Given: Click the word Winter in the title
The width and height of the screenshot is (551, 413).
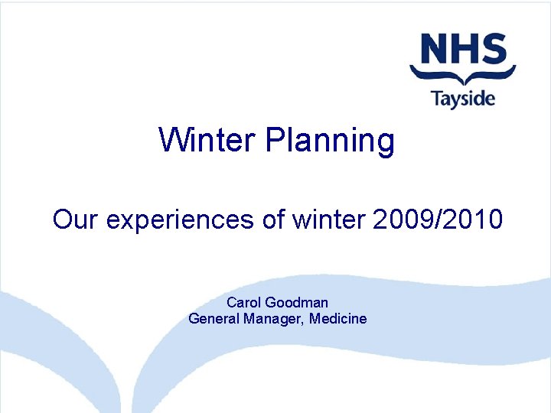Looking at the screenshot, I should click(207, 140).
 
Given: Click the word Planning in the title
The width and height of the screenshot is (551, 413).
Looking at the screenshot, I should click(331, 141).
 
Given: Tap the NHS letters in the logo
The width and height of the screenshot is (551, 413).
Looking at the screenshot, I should click(462, 50).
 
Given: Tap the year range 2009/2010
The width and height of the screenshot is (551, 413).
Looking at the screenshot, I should click(438, 220).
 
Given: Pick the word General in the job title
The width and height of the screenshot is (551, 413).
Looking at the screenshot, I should click(214, 318).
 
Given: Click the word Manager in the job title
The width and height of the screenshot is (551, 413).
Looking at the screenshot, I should click(275, 319).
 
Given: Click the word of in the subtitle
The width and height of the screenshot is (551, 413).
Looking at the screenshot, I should click(273, 220).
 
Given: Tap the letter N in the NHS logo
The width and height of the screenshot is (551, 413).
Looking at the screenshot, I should click(429, 50).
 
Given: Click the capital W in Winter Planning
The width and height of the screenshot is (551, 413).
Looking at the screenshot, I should click(171, 140).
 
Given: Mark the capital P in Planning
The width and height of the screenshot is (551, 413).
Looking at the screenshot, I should click(274, 140).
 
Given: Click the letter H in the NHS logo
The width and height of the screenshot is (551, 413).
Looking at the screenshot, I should click(462, 50).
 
